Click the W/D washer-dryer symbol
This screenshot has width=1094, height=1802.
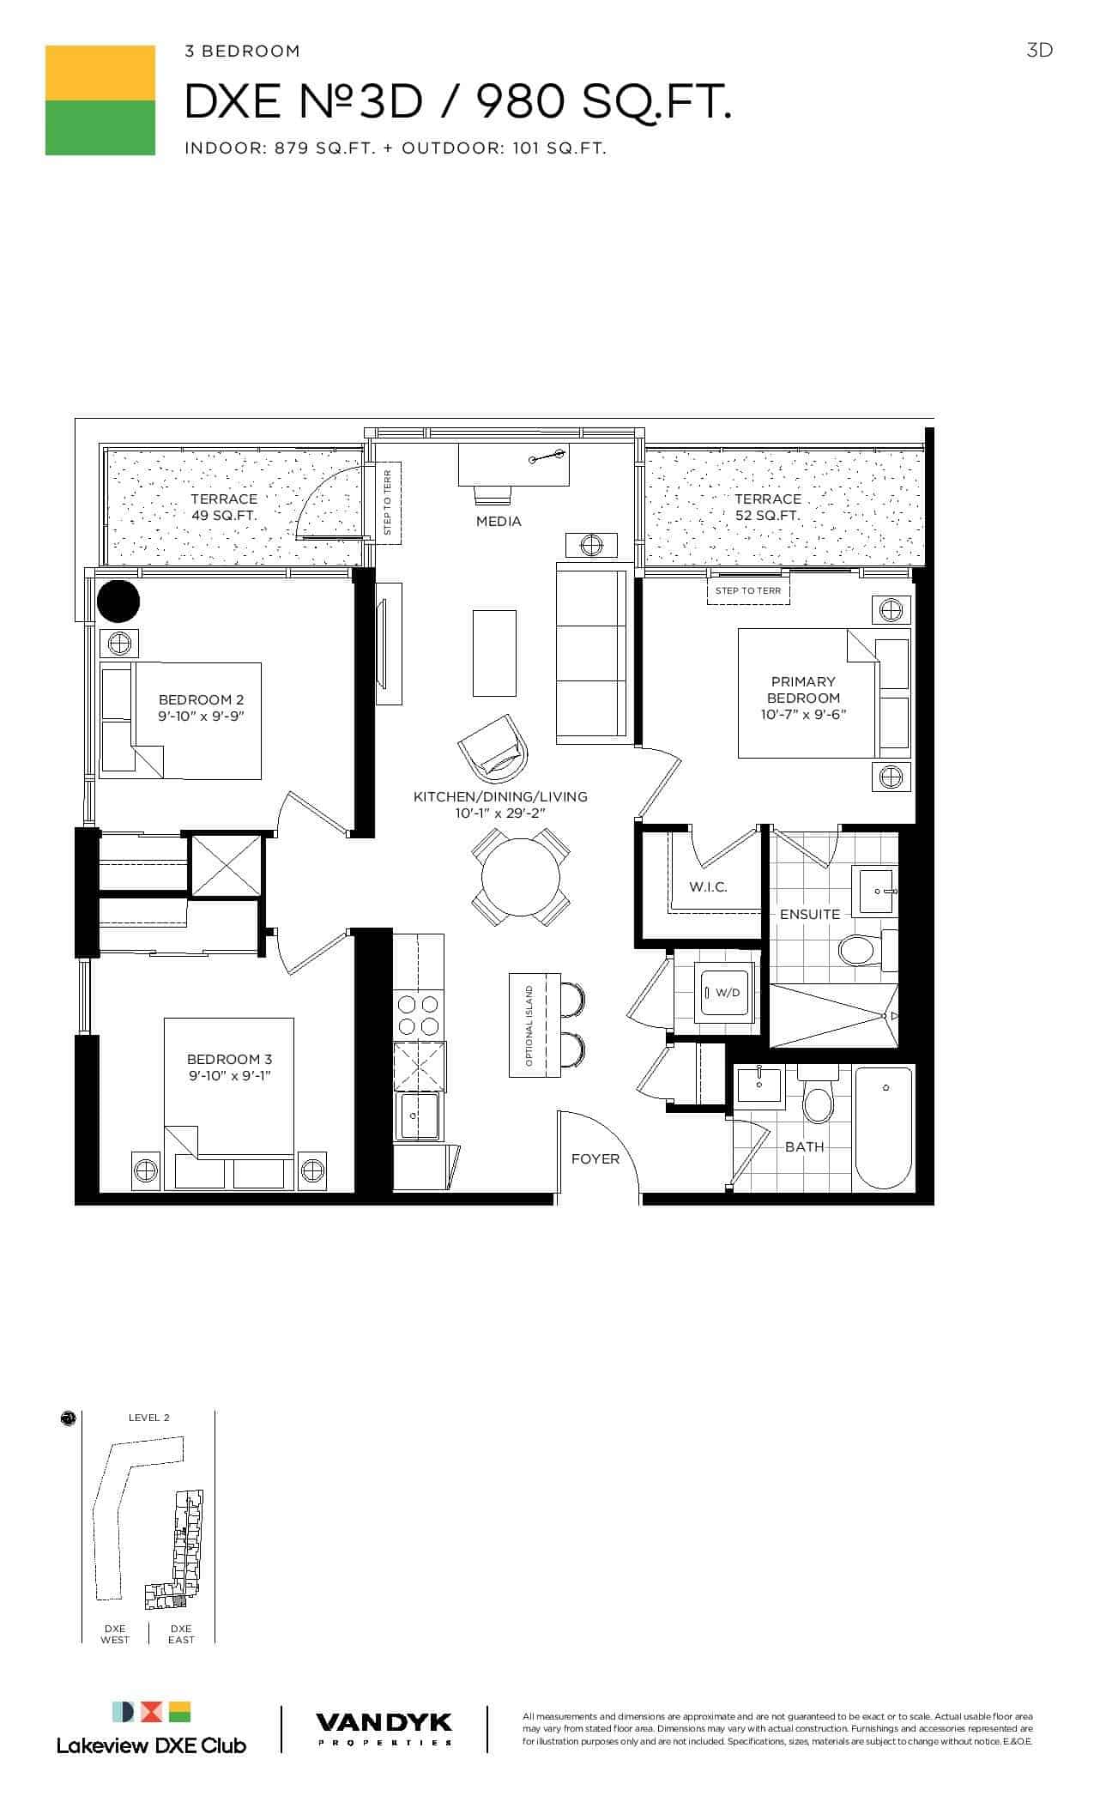[726, 992]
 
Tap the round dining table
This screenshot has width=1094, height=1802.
[520, 876]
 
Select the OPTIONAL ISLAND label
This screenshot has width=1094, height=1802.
[529, 1025]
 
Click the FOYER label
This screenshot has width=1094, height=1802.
[595, 1159]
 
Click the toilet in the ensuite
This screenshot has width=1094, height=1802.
[861, 949]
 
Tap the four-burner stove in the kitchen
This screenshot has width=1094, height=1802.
[419, 1014]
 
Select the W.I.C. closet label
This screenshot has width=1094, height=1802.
[709, 887]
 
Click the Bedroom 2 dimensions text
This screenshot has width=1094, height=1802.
[202, 717]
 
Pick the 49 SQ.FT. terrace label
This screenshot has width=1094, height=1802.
[224, 516]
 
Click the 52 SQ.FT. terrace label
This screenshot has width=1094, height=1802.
[768, 516]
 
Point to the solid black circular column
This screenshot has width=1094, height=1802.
[118, 602]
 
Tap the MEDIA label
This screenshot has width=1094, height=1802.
[499, 522]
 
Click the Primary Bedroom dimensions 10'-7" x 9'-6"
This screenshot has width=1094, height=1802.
[804, 715]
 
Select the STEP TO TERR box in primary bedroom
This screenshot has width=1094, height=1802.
[748, 591]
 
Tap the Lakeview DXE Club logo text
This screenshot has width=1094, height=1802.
[151, 1745]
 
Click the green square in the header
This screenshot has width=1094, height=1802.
[100, 128]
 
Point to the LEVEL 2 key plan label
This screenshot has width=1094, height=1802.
[149, 1418]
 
